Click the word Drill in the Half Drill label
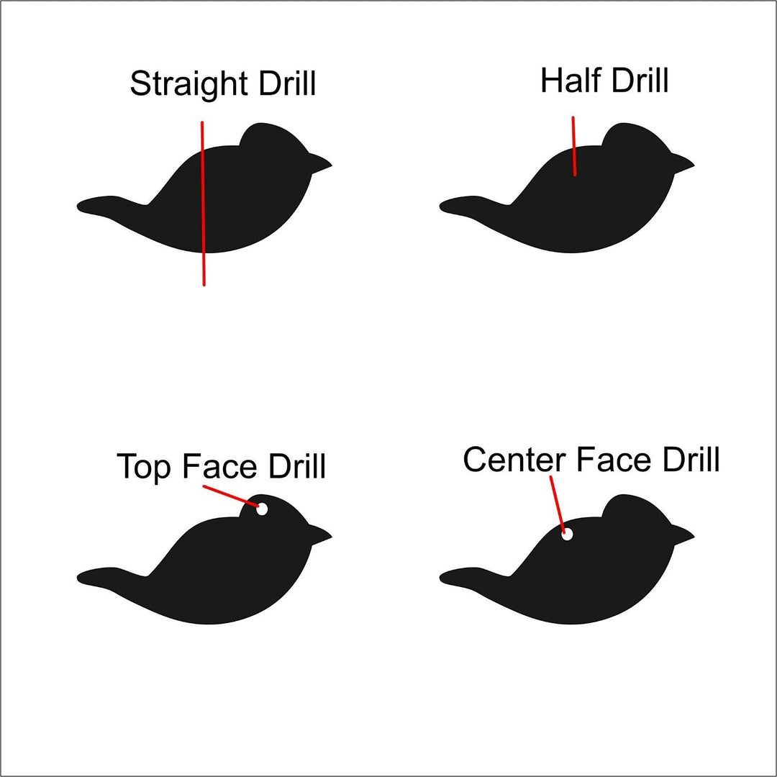640,80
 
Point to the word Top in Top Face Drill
144,466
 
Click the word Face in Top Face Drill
219,465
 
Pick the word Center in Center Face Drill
514,459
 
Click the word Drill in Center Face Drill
691,459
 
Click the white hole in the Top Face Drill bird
262,509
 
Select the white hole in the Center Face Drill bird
568,534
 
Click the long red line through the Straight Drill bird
203,204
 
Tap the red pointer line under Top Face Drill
231,496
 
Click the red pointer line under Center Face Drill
558,505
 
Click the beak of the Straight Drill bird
320,163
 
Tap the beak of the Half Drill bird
683,163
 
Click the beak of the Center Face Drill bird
683,535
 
